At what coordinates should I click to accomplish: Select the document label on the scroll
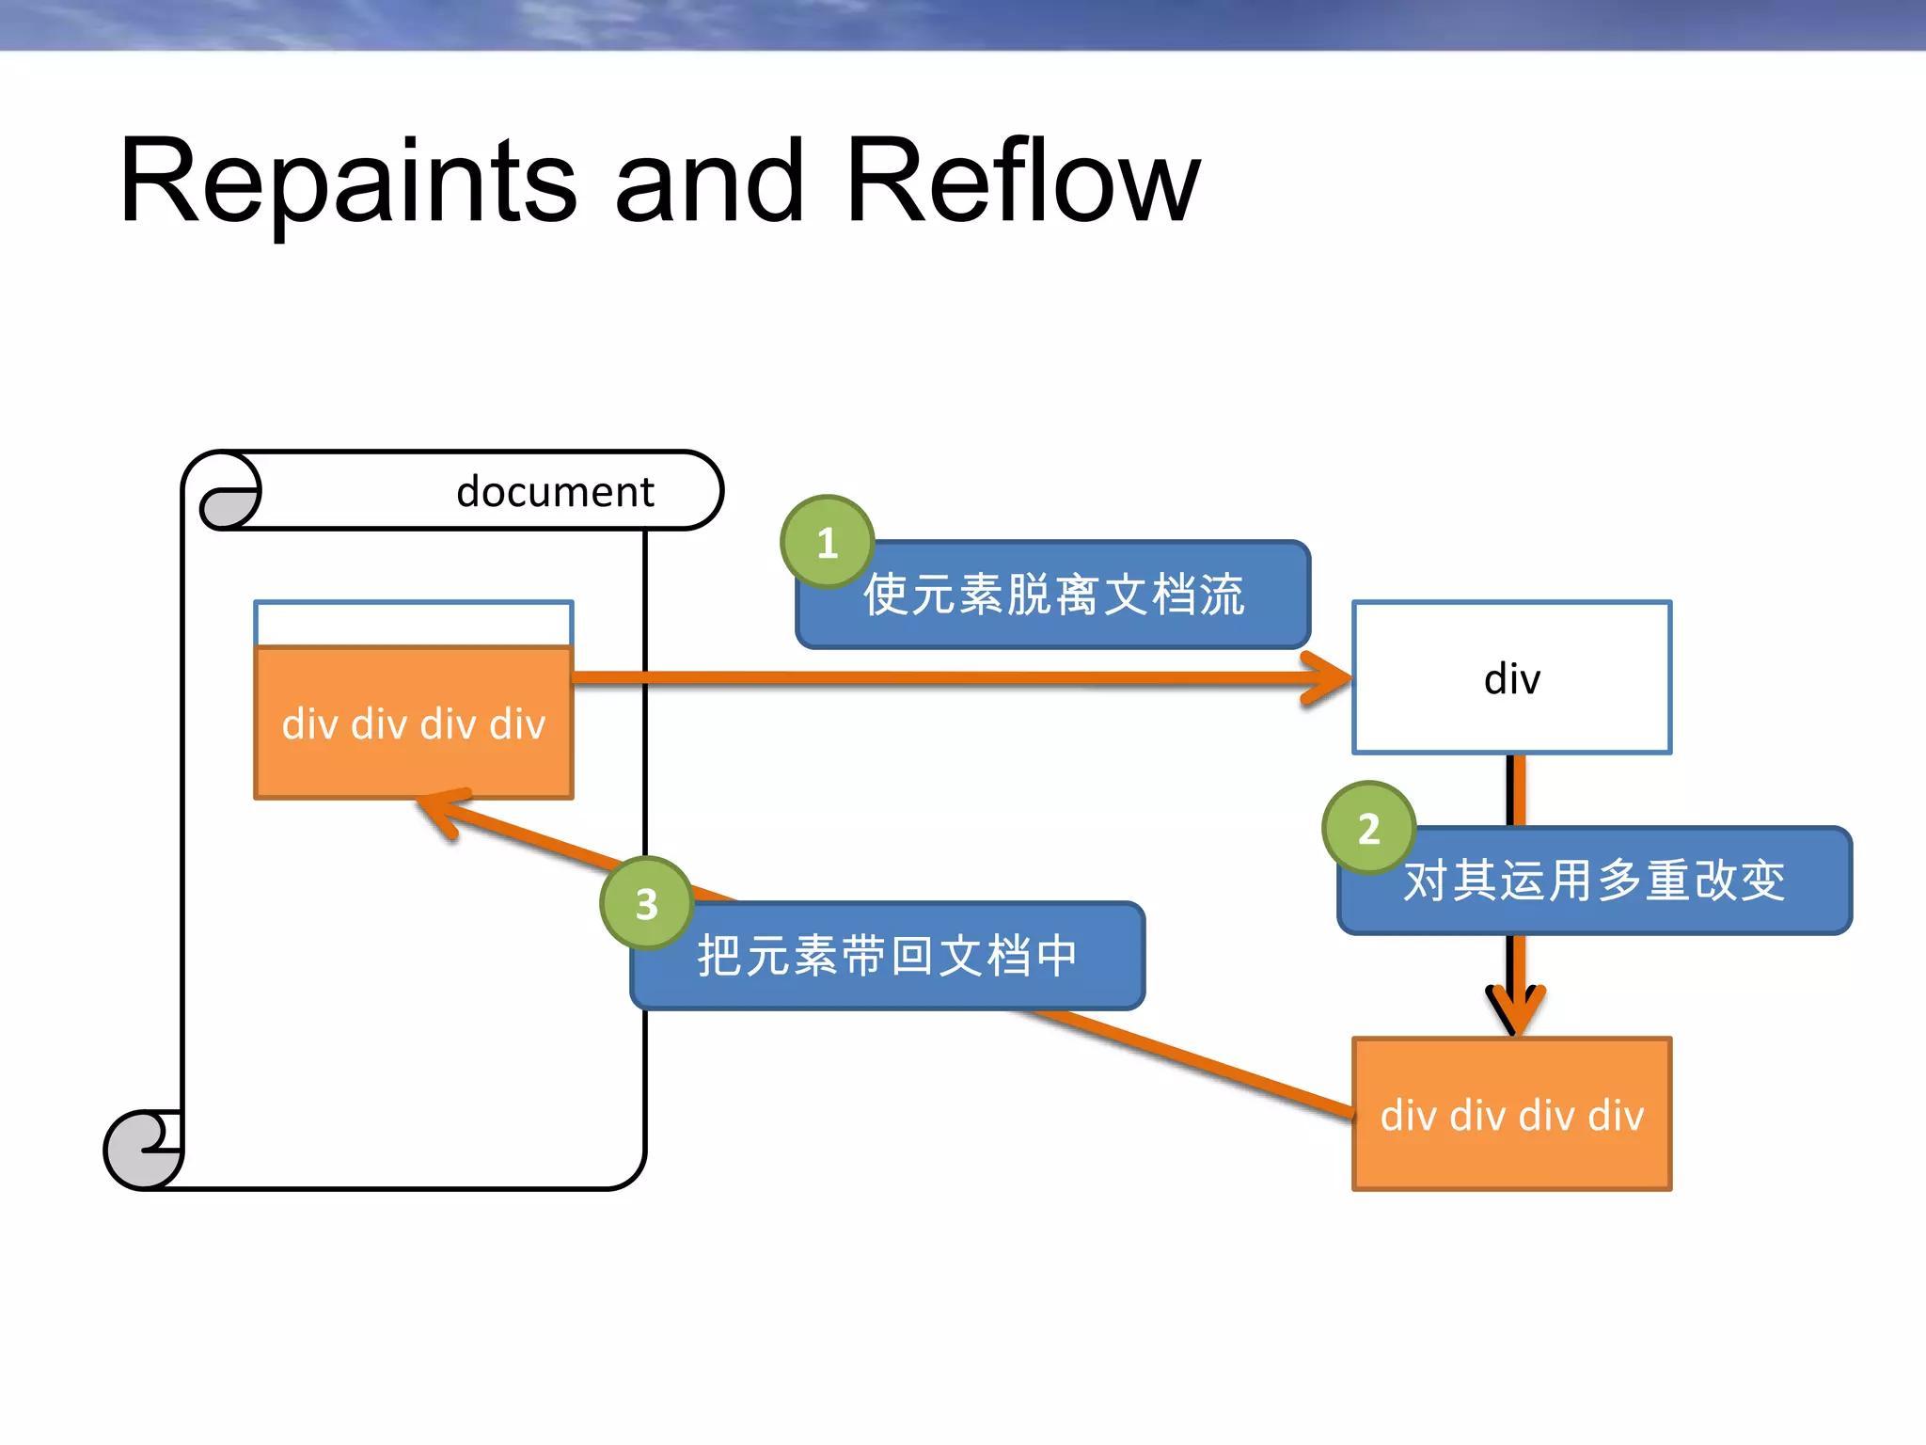pos(555,492)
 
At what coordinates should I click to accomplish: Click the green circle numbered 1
pos(827,542)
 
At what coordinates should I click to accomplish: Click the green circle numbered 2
pos(1368,828)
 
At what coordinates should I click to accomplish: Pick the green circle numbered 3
pos(646,903)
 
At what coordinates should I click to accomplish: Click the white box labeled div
pos(1511,677)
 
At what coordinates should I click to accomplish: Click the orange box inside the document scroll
pos(414,722)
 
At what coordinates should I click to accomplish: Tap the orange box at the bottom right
pos(1511,1114)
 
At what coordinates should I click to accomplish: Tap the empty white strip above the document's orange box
pos(414,623)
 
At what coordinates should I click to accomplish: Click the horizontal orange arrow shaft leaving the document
pos(940,677)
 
